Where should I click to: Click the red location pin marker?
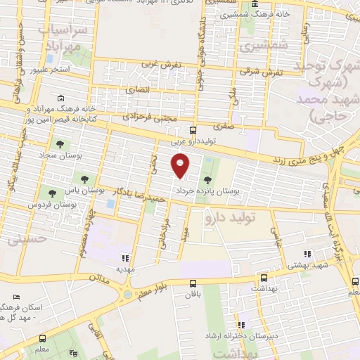point(181,165)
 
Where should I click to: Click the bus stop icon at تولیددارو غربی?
point(193,130)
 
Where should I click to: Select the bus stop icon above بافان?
point(193,283)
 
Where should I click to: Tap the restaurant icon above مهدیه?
point(126,257)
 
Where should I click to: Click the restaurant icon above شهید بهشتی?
point(307,255)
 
